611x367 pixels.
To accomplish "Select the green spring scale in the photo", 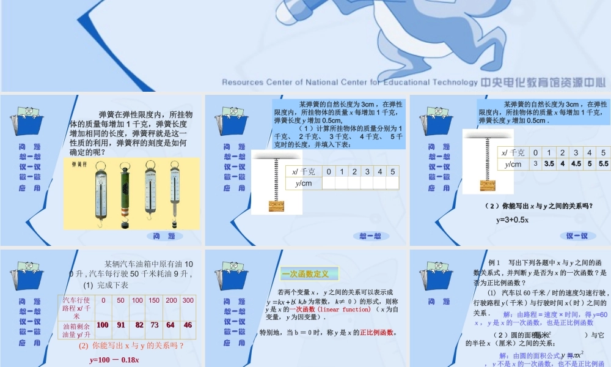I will tap(126, 191).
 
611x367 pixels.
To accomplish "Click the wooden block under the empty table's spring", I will tap(277, 206).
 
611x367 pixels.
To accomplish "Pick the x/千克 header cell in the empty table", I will tap(304, 171).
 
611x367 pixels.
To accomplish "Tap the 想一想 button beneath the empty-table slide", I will tap(370, 236).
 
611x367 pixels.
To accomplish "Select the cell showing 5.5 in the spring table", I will tap(604, 164).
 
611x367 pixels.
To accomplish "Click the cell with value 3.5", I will tap(549, 164).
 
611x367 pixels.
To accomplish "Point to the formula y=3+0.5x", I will tap(512, 220).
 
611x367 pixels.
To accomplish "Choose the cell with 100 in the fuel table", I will tap(103, 325).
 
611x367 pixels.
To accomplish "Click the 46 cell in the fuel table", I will tap(188, 325).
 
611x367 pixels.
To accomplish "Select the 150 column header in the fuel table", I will tap(154, 300).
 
